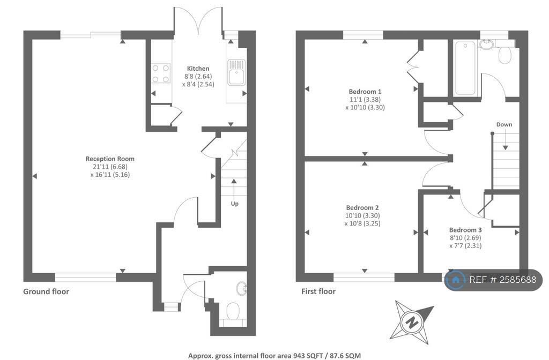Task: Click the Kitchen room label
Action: point(198,69)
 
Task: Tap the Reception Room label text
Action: point(110,159)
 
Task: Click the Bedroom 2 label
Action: point(362,207)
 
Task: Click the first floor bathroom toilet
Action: point(506,55)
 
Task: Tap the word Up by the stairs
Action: point(234,204)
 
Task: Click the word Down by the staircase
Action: point(504,124)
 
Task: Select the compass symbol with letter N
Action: point(413,321)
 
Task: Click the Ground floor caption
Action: point(46,291)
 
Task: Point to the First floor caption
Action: point(318,291)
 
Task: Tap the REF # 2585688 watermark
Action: point(494,280)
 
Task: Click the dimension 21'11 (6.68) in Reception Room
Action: point(110,167)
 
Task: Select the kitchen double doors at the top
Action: point(198,21)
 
